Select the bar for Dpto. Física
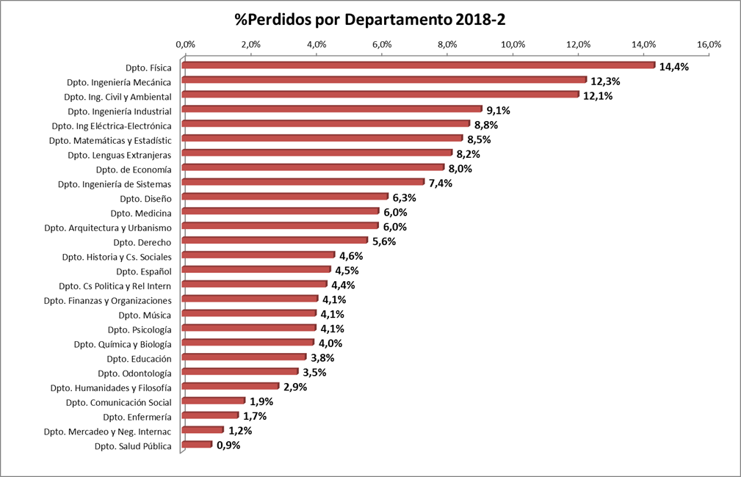tap(418, 65)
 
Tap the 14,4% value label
tap(674, 67)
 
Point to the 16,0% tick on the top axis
tap(709, 44)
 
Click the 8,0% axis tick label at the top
tap(447, 44)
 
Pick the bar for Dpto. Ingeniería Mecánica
tap(383, 80)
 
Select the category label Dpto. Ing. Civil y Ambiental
tap(118, 96)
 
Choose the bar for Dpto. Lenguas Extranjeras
tap(317, 153)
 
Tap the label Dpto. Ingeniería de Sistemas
tap(115, 183)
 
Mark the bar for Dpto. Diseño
tap(285, 197)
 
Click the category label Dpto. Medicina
tap(141, 213)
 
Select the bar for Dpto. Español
tap(256, 269)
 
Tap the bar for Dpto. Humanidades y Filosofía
tap(230, 386)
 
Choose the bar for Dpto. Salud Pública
tap(197, 444)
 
